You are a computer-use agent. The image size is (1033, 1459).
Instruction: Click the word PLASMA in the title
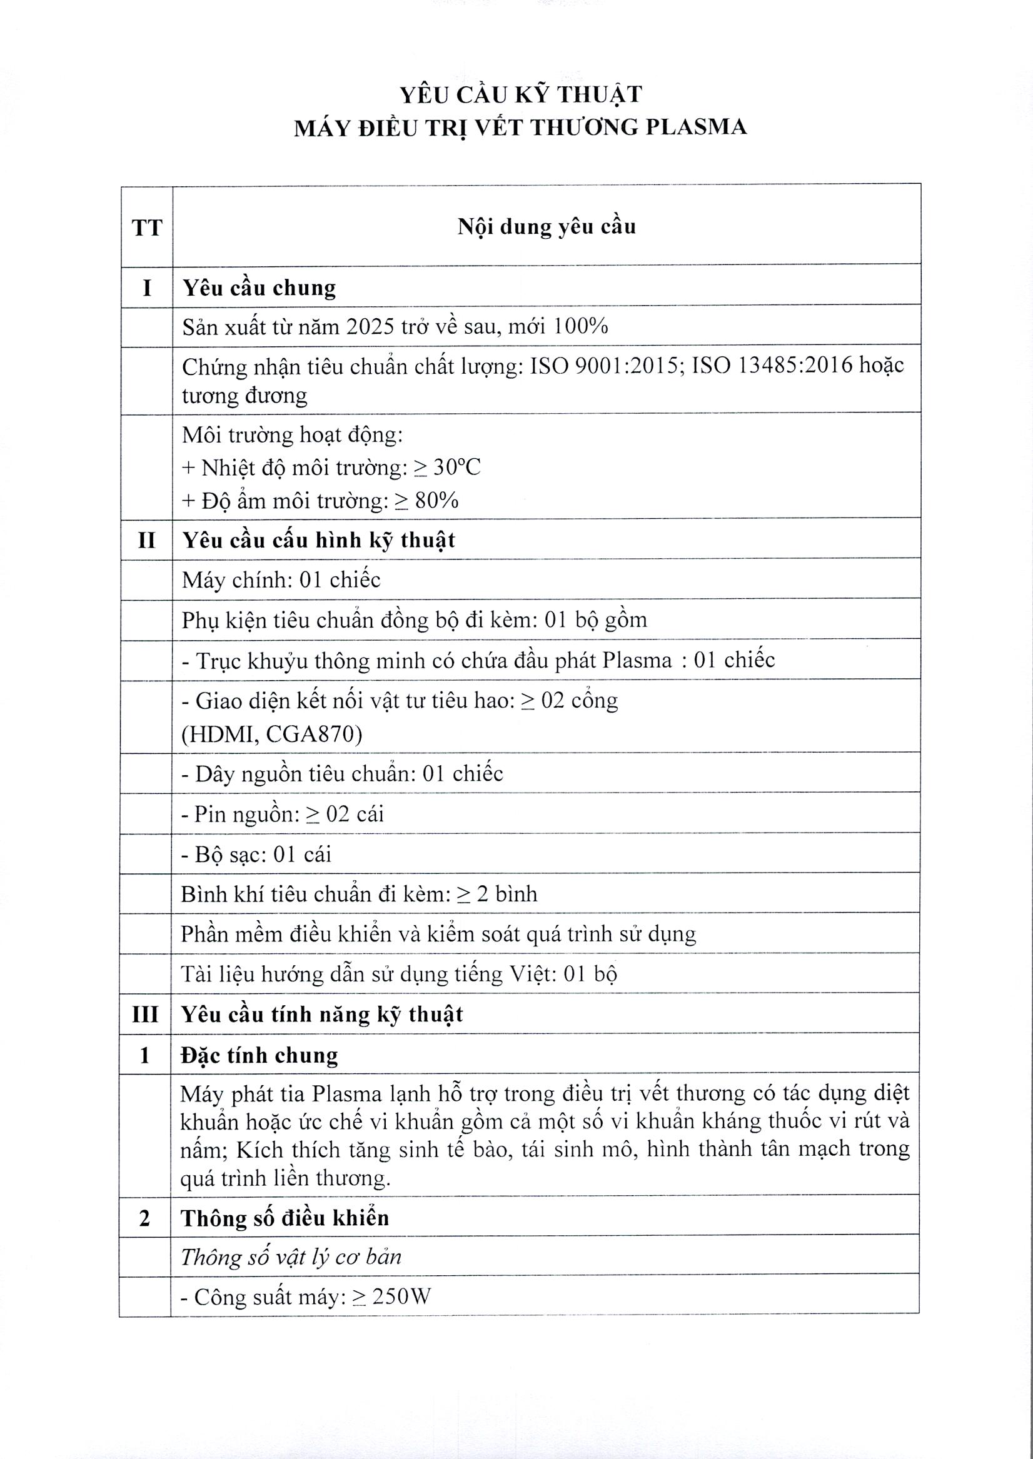[696, 127]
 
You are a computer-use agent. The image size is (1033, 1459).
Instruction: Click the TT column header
[147, 227]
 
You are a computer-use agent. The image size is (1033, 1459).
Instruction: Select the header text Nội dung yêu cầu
[547, 226]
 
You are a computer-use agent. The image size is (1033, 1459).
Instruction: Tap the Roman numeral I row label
[147, 288]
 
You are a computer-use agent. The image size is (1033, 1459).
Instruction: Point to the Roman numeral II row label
[146, 539]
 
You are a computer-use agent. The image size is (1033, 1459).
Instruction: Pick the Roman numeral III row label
[145, 1014]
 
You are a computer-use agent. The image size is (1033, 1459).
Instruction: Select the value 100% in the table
[581, 326]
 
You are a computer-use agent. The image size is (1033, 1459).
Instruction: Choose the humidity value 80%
[436, 501]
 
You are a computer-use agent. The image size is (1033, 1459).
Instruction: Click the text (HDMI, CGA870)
[272, 735]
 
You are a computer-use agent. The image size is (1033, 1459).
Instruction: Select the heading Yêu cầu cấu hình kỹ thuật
[319, 539]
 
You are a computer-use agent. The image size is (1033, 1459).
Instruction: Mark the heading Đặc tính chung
[260, 1055]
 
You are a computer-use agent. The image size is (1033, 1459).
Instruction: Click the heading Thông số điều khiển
[285, 1218]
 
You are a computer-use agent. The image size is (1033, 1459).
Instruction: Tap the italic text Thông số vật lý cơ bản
[291, 1257]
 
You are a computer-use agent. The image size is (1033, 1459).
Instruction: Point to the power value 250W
[401, 1297]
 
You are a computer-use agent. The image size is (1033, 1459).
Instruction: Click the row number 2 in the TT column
[145, 1218]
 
